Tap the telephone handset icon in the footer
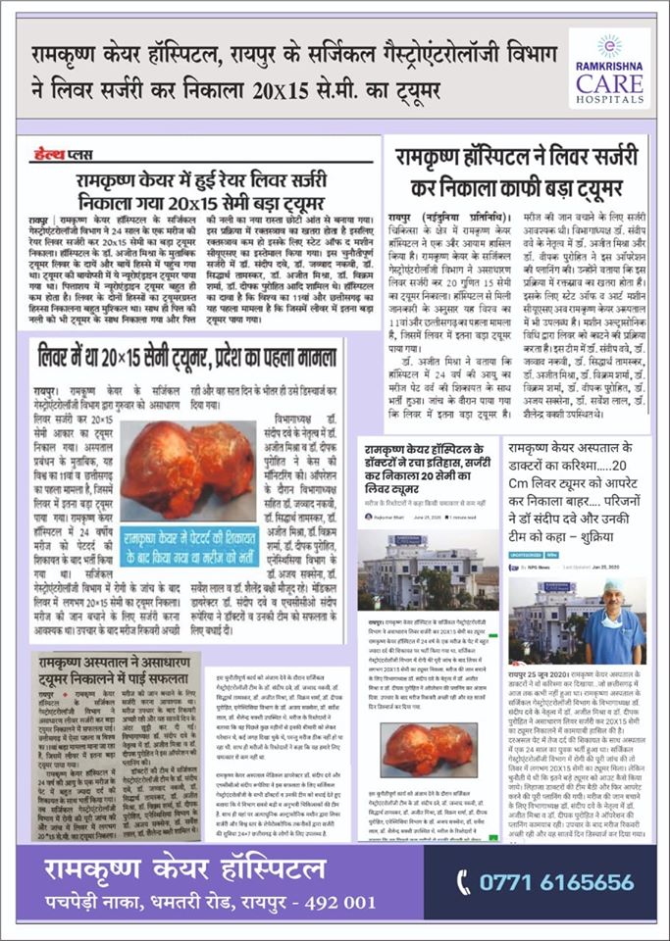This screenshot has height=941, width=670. (x=463, y=882)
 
